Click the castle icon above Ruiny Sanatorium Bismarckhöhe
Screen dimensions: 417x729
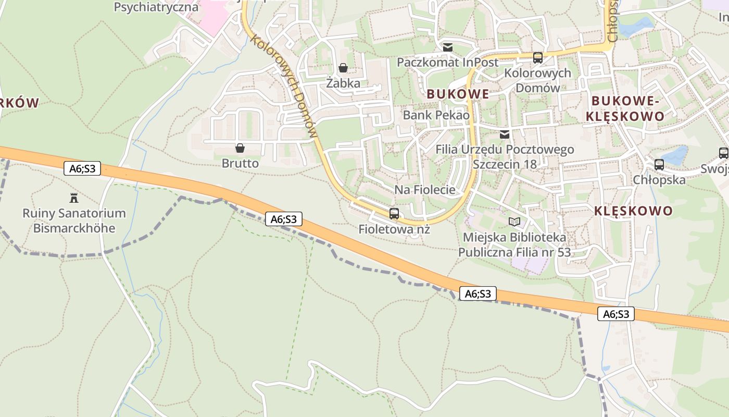click(x=73, y=198)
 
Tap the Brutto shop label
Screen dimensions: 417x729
click(x=240, y=163)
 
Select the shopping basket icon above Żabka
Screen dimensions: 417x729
click(x=343, y=68)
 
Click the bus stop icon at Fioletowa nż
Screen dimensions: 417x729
click(x=394, y=213)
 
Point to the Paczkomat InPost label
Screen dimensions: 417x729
click(x=447, y=63)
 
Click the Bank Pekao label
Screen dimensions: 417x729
click(x=436, y=115)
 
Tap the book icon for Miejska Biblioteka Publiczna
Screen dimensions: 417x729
click(x=514, y=222)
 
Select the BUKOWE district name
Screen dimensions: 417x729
click(x=458, y=94)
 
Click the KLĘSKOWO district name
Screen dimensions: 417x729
click(x=633, y=211)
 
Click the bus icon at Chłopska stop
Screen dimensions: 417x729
click(x=659, y=165)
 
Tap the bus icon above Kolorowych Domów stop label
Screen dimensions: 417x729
click(x=538, y=58)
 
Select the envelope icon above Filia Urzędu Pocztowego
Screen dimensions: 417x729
click(x=504, y=134)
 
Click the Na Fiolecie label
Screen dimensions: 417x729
click(x=424, y=190)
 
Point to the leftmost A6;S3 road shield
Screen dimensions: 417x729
click(x=82, y=168)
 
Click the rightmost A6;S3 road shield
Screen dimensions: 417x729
click(x=616, y=314)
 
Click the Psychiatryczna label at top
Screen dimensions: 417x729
click(x=156, y=7)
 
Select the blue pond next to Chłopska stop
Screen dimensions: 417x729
click(x=675, y=155)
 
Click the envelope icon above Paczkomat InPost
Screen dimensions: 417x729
click(x=447, y=47)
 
